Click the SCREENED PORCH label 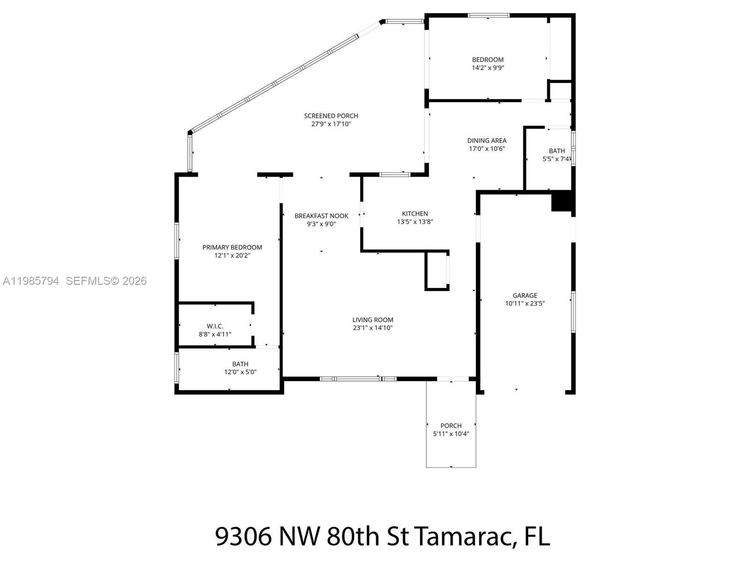pyautogui.click(x=331, y=116)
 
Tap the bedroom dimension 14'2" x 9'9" pyautogui.click(x=487, y=68)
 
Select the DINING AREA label pyautogui.click(x=487, y=140)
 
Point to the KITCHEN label pyautogui.click(x=415, y=214)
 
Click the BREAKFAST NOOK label pyautogui.click(x=321, y=216)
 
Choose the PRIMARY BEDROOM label pyautogui.click(x=232, y=247)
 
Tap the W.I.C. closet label pyautogui.click(x=215, y=326)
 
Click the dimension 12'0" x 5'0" pyautogui.click(x=240, y=372)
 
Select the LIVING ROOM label pyautogui.click(x=373, y=320)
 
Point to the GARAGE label pyautogui.click(x=525, y=296)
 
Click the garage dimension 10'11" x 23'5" pyautogui.click(x=525, y=303)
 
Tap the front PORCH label pyautogui.click(x=451, y=426)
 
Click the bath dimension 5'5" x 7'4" pyautogui.click(x=556, y=159)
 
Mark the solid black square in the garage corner pyautogui.click(x=562, y=201)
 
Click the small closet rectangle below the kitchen pyautogui.click(x=436, y=271)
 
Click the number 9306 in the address pyautogui.click(x=243, y=536)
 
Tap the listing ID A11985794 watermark pyautogui.click(x=31, y=281)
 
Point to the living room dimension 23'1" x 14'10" pyautogui.click(x=373, y=328)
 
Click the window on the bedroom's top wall pyautogui.click(x=488, y=15)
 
